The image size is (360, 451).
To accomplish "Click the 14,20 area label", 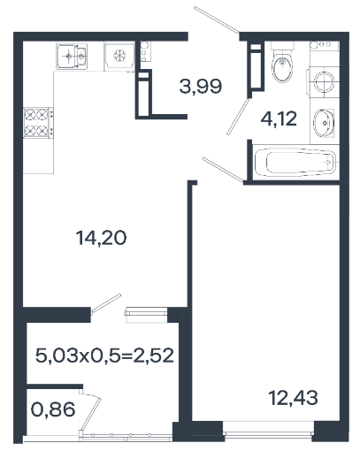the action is pos(102,238).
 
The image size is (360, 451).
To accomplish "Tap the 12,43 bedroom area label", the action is pos(294,397).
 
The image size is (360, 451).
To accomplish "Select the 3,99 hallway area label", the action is pos(201,87).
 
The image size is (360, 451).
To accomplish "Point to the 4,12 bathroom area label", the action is pos(279,119).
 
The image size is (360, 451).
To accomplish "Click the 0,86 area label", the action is pos(53,409).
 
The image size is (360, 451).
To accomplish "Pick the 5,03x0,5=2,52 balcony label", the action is pos(104,355).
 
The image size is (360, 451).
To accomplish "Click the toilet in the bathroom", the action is pos(282,64).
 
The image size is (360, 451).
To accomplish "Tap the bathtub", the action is pos(295,163).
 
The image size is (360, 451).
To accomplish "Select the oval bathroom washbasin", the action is pos(323,123).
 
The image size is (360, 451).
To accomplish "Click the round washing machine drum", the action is pos(324,81).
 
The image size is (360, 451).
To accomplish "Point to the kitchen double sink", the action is pos(72,57).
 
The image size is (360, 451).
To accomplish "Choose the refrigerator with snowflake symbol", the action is pos(119,57).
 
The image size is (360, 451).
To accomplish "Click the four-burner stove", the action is pos(38,123).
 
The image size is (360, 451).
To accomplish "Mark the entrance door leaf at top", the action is pos(217,19).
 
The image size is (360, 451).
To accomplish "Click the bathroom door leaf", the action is pos(238,117).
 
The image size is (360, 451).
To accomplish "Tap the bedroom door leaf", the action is pos(223,170).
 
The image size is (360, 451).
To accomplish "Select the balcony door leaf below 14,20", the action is pos(106,303).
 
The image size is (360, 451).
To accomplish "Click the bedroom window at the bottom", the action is pos(268,432).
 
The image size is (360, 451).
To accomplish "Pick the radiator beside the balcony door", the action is pos(146,315).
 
